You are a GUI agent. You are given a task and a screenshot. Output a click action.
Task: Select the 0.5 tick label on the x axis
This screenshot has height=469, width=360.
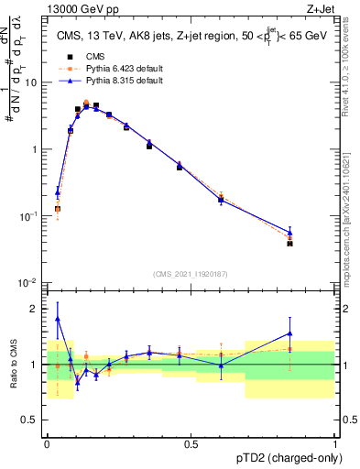coord(191,443)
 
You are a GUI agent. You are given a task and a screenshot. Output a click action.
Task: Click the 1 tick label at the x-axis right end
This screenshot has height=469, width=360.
coord(335,443)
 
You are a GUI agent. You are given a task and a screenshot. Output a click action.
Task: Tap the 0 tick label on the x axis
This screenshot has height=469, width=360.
coord(47,443)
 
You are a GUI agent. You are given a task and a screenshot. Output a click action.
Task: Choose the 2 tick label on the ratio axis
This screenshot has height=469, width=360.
coord(37,309)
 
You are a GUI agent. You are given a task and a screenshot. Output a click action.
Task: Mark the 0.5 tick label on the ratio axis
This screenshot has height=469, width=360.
coord(33,420)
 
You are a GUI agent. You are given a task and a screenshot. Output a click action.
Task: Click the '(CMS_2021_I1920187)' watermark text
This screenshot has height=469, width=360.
coord(191,273)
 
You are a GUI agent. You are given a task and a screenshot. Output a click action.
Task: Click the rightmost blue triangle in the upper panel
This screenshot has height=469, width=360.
coord(289,233)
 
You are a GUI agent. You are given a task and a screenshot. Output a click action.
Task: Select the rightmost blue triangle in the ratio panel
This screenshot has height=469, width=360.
coord(289,333)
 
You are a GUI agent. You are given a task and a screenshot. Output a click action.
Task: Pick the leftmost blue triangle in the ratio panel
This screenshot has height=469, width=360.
coord(58,319)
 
